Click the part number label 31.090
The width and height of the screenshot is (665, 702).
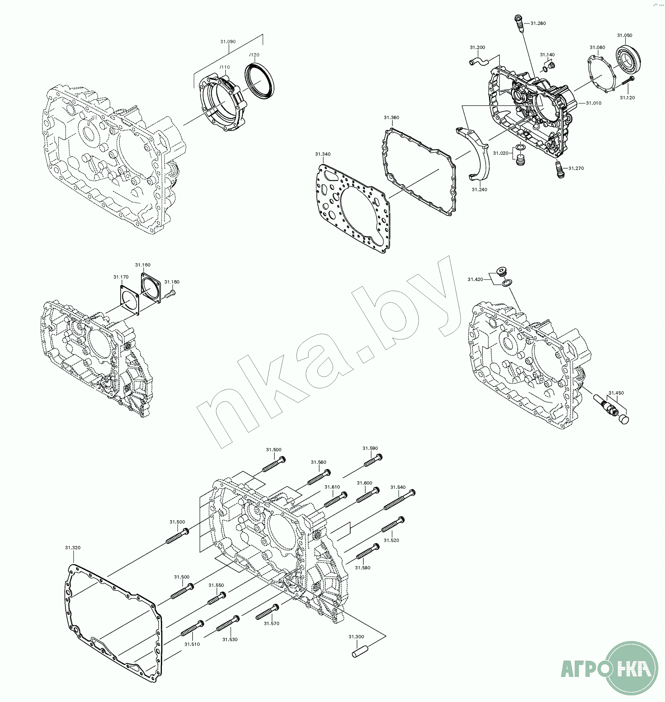[228, 42]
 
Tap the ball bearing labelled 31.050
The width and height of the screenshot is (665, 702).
[628, 58]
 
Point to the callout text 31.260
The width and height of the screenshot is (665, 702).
[538, 23]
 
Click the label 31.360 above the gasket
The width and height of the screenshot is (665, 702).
[391, 117]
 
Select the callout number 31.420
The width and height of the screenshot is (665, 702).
[475, 279]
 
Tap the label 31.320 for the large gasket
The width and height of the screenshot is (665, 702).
[73, 548]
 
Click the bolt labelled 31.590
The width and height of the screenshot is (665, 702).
[373, 461]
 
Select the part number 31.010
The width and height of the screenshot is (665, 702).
[593, 103]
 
